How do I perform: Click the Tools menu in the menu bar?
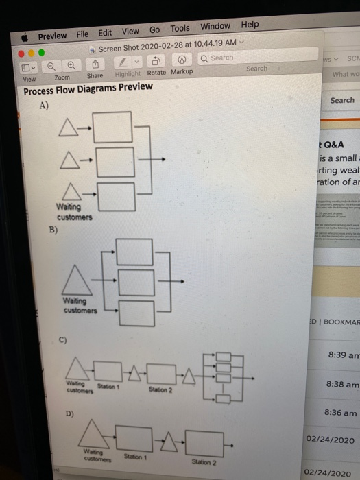[180, 28]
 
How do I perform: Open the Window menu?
[215, 26]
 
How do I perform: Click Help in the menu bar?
[250, 24]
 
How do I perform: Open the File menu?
[82, 34]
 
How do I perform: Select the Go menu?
[154, 29]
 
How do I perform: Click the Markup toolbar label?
[182, 72]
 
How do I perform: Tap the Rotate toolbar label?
[156, 73]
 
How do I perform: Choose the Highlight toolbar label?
[128, 74]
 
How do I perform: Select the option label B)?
[53, 230]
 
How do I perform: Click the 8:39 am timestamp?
[341, 355]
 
